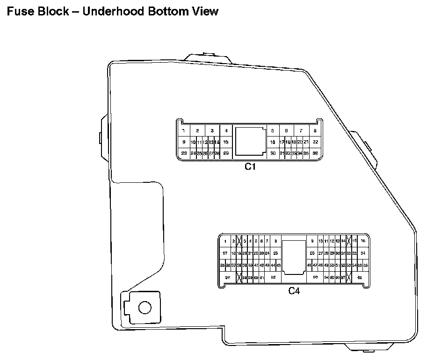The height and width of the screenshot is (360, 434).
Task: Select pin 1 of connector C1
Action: (x=184, y=130)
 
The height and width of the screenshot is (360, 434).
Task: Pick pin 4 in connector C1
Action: (x=226, y=130)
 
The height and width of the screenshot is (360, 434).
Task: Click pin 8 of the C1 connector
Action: (x=315, y=130)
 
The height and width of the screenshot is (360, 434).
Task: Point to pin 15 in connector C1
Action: (x=226, y=142)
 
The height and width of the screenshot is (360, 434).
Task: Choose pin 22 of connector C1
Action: (x=315, y=142)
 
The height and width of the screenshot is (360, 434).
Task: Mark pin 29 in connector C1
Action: (x=226, y=153)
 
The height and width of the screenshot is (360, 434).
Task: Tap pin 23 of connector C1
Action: (x=184, y=153)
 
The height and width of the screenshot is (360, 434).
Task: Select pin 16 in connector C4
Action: (x=362, y=241)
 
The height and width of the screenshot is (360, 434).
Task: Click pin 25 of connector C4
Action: (x=275, y=253)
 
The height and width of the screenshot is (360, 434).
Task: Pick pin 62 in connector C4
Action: (x=273, y=277)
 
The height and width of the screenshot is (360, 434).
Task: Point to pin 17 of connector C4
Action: (x=225, y=253)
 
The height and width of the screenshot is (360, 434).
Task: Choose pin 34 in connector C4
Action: (x=362, y=253)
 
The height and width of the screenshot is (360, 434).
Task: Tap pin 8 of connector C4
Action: (x=275, y=241)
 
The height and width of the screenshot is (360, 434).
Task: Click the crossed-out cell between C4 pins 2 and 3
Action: (x=239, y=241)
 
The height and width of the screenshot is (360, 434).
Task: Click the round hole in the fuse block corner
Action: (x=145, y=307)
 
